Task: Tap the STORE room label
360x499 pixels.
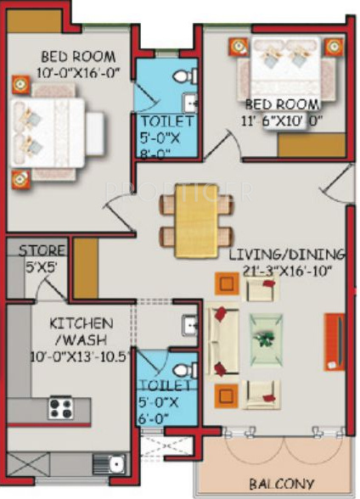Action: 37,250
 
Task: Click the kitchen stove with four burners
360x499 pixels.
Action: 61,407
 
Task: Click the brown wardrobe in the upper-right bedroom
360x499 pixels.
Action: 312,144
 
